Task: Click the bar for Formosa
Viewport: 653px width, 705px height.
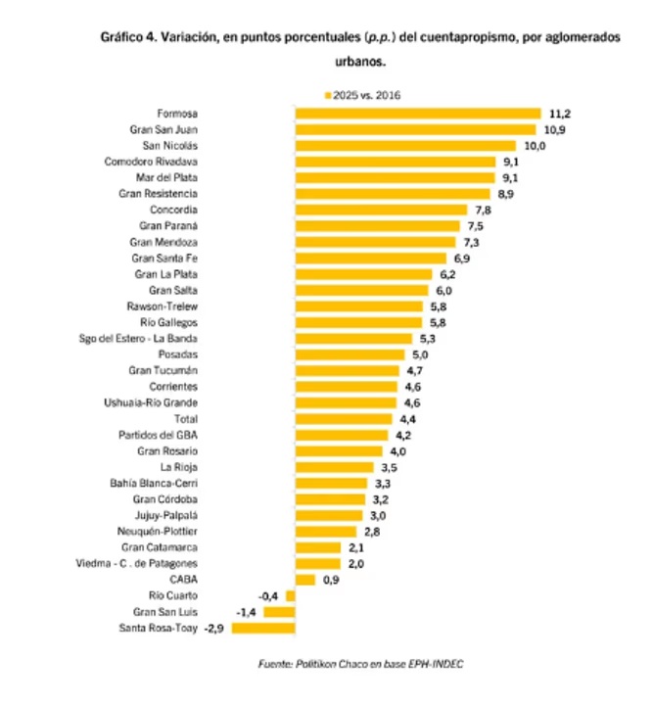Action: point(418,114)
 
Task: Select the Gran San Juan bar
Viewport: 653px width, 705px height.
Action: point(415,129)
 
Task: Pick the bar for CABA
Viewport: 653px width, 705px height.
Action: point(304,580)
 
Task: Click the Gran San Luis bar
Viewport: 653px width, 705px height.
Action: point(279,612)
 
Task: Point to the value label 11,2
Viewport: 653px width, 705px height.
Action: point(560,114)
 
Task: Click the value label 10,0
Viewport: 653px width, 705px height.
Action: point(535,146)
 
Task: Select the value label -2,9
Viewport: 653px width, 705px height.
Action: point(214,628)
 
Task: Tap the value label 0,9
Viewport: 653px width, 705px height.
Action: point(332,580)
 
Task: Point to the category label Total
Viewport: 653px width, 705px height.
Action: point(184,418)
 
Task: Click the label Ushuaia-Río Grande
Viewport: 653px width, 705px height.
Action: point(151,402)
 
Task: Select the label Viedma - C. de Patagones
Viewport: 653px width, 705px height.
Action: point(137,563)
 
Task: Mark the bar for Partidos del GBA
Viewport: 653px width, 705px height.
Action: point(342,435)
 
